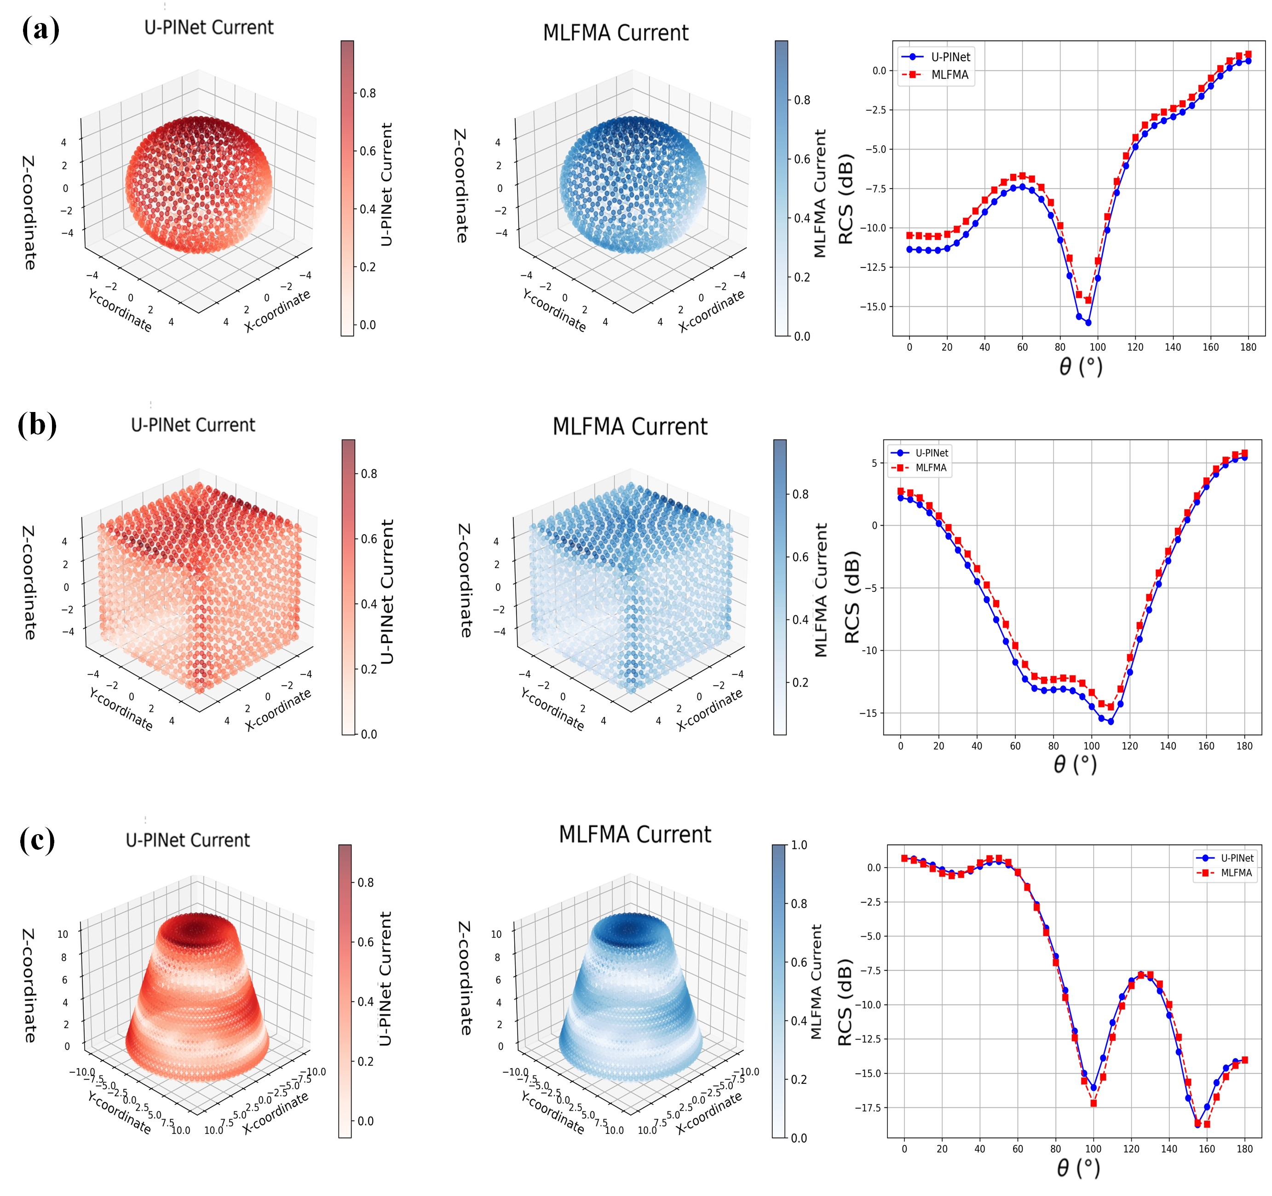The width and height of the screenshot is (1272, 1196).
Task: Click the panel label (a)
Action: coord(40,29)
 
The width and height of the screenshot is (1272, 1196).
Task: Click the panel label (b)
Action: coord(37,425)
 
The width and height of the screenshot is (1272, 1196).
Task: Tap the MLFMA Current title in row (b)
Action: coord(630,427)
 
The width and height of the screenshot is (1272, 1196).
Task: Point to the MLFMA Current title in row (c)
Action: coord(635,835)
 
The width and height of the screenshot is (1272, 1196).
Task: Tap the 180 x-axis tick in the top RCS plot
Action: coord(1248,347)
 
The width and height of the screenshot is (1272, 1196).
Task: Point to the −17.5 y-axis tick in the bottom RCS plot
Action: coord(867,1107)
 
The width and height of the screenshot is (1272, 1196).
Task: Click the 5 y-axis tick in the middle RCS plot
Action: coord(874,463)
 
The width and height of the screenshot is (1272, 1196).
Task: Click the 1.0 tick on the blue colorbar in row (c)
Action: coord(799,845)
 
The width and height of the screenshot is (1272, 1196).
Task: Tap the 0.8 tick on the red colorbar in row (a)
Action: coord(368,93)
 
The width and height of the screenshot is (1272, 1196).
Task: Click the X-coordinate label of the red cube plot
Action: coord(278,710)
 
